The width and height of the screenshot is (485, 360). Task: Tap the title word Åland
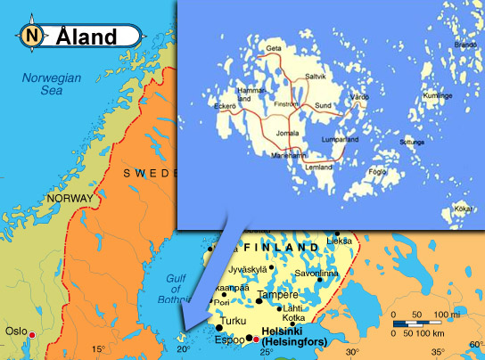pos(86,37)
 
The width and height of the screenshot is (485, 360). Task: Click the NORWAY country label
pos(45,198)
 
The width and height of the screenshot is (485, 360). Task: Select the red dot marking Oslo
pos(33,335)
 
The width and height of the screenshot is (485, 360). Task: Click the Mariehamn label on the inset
pos(287,154)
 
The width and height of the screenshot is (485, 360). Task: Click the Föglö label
pos(377,171)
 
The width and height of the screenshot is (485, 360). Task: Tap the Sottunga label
pos(412,141)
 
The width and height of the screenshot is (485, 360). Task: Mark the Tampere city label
pos(276,295)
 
